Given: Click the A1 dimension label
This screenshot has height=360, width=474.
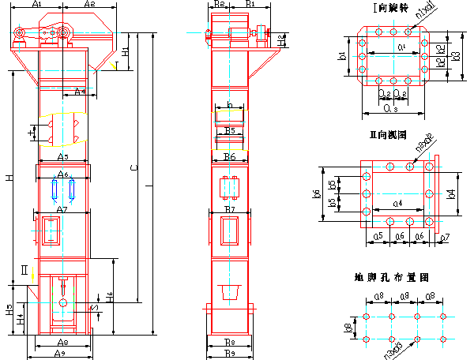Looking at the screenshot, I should click(x=37, y=5).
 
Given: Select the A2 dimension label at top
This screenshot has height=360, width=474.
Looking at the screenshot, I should click(x=88, y=5).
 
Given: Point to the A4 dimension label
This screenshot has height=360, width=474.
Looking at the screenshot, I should click(x=81, y=92).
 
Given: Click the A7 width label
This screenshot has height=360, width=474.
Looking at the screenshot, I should click(x=63, y=208).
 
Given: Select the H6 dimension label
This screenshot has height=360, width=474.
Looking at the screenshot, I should click(x=111, y=297).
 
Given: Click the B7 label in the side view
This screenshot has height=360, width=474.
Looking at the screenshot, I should click(x=230, y=208).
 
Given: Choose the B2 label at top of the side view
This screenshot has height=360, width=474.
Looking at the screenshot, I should click(x=220, y=5).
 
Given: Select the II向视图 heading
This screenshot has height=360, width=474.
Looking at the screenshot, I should click(x=387, y=135).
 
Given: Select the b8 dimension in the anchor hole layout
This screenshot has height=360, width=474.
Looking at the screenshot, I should click(x=349, y=326).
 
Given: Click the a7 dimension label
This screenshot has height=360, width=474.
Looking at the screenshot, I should click(x=446, y=236).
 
